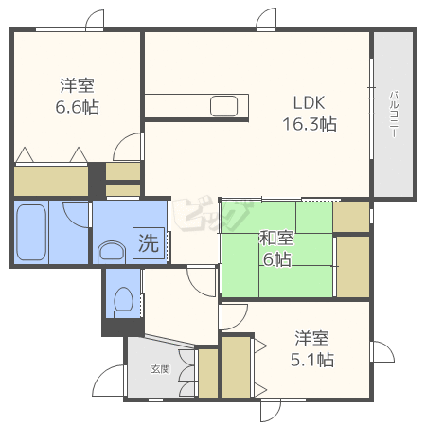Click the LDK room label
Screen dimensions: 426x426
pos(309,103)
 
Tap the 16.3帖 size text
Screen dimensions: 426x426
pos(310,124)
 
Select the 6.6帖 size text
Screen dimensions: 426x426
pos(78,107)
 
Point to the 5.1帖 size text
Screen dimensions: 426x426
pos(312,360)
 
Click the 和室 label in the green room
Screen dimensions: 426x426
pos(276,238)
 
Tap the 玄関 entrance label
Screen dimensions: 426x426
pos(161,369)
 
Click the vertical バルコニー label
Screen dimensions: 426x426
pos(394,115)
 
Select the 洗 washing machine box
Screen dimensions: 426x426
pos(149,243)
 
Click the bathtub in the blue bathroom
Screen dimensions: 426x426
pos(31,232)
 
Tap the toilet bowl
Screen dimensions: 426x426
pos(123,302)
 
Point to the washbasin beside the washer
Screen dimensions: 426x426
pos(112,252)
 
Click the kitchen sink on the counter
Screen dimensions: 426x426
pos(223,106)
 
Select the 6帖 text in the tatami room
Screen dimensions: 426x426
pos(277,259)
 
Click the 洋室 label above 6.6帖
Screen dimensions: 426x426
pos(78,85)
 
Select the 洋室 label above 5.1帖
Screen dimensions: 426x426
pos(312,338)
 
